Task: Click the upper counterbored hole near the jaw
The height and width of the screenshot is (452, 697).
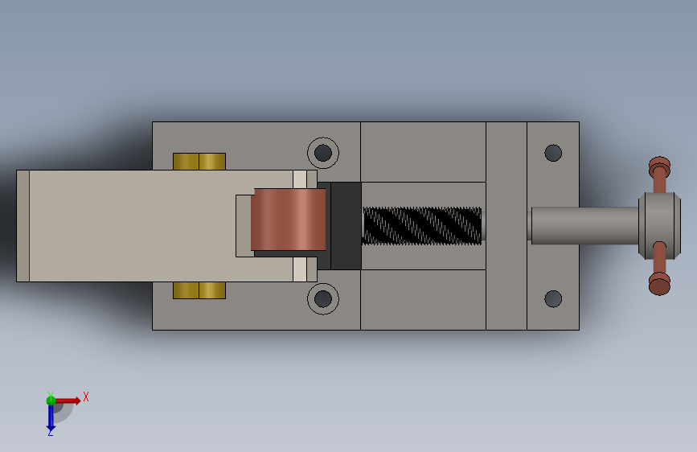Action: click(x=323, y=153)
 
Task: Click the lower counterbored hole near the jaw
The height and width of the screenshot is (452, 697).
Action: click(x=323, y=298)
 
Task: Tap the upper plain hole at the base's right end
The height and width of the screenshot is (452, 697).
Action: click(x=553, y=153)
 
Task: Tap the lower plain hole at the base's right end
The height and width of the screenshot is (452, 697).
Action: click(x=553, y=298)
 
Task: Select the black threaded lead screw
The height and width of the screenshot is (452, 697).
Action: click(x=422, y=225)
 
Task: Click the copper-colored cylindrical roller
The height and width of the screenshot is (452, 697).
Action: click(x=289, y=220)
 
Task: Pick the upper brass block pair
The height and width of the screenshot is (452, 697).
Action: click(x=199, y=162)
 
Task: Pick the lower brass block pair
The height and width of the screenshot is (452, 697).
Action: click(x=199, y=290)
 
